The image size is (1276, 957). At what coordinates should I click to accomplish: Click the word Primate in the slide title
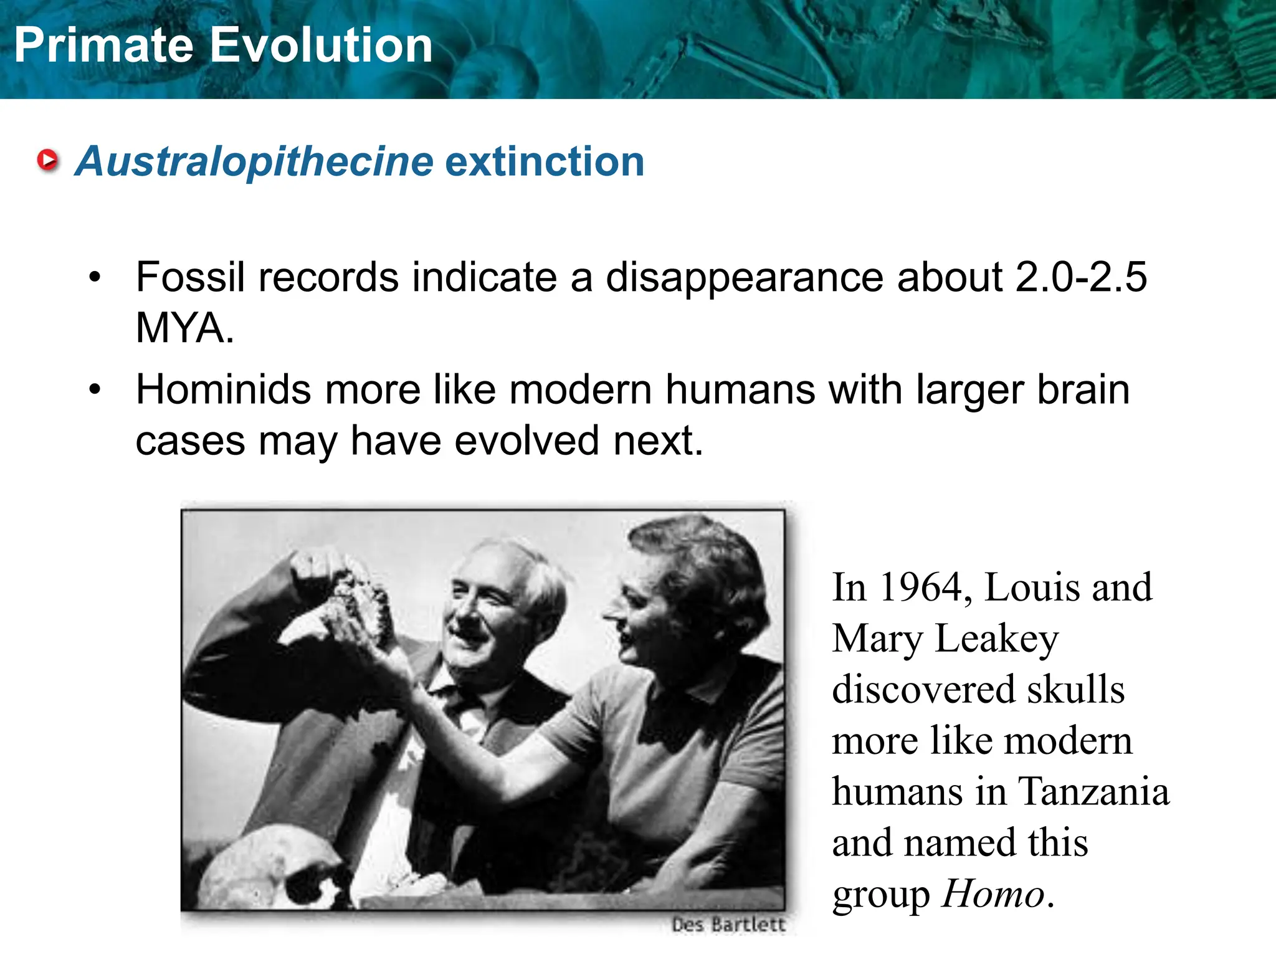coord(103,45)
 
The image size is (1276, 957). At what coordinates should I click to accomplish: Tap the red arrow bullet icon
coord(48,161)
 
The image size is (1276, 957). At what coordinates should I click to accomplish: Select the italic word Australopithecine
coord(254,162)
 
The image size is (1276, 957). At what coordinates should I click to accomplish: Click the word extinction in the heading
coord(545,161)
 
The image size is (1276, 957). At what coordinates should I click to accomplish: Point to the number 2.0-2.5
coord(1080,277)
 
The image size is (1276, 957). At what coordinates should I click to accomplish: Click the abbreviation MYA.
coord(184,328)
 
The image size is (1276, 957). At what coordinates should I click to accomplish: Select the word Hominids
coord(223,390)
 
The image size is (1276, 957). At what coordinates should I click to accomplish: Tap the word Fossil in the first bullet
coord(189,277)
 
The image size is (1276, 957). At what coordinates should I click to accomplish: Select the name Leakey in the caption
coord(997,639)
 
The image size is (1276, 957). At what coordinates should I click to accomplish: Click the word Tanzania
coord(1093,792)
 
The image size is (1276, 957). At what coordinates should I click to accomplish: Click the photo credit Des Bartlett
coord(728,925)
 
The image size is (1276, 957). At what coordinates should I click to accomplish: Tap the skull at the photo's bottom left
coord(268,872)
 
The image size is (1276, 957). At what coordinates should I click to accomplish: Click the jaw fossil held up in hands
coord(358,601)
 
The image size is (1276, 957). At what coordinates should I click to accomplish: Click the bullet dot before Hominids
coord(95,390)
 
